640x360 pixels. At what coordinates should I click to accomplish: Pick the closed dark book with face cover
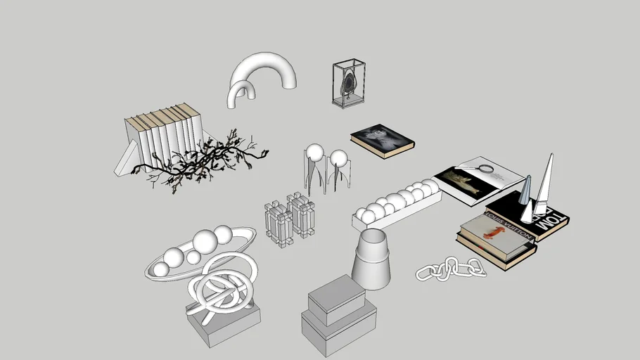click(x=382, y=139)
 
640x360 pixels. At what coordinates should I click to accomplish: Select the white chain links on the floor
click(x=451, y=268)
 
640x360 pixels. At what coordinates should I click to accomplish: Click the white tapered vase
click(x=371, y=259)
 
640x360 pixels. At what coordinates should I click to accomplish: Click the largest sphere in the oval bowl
click(x=205, y=243)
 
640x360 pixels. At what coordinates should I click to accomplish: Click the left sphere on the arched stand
click(x=314, y=153)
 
